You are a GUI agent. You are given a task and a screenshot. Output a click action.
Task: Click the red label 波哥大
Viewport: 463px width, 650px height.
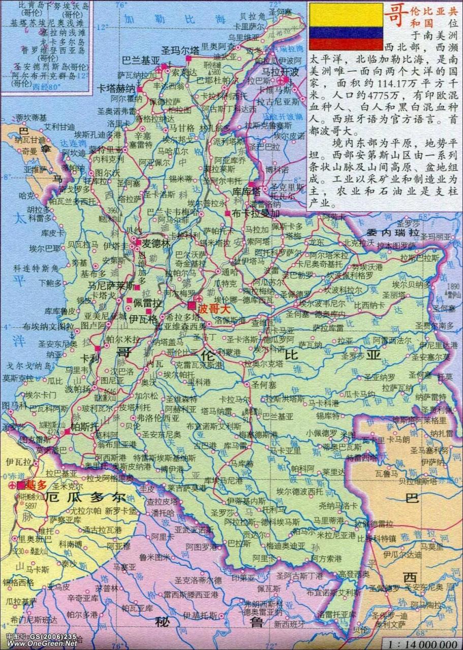[214, 308]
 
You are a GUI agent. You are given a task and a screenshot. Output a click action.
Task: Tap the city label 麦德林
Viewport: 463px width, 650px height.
[156, 243]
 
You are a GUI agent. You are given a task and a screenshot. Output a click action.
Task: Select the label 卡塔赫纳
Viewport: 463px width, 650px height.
[116, 87]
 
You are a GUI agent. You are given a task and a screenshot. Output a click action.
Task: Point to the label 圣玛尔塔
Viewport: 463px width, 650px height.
[180, 50]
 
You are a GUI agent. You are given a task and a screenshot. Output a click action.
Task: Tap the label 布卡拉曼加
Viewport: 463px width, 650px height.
[256, 213]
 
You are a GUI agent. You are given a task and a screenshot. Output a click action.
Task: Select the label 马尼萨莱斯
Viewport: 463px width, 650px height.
[111, 285]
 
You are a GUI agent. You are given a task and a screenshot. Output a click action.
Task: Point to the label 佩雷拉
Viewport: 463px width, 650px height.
[147, 303]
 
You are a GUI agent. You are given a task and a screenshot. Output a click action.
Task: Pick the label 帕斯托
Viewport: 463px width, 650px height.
[84, 427]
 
